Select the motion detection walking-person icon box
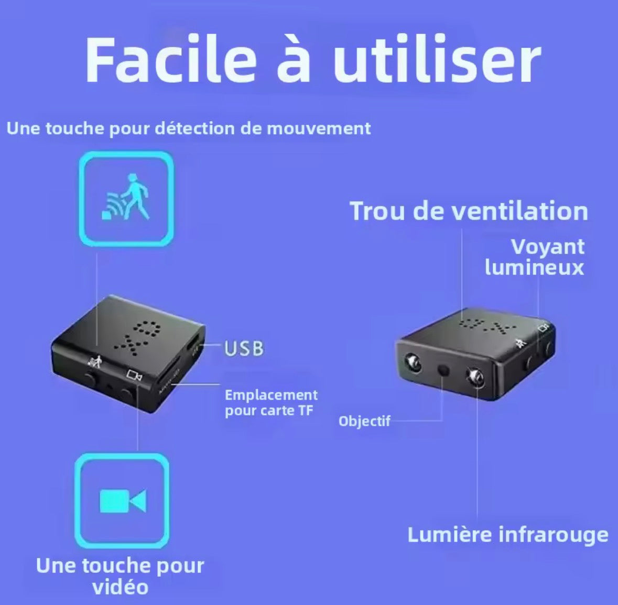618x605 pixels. tap(126, 199)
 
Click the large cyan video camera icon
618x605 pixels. tap(123, 501)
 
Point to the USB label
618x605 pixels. tap(244, 348)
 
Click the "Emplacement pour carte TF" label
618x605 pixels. tap(271, 402)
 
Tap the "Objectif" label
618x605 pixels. tap(364, 421)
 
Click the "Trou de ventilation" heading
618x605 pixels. tap(469, 211)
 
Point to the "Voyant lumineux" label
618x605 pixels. tap(535, 257)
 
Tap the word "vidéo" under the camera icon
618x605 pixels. tap(120, 587)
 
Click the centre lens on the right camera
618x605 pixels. tap(443, 370)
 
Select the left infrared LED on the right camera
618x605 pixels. tap(413, 362)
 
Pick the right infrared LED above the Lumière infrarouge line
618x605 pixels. tap(475, 378)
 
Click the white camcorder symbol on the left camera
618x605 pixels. tap(134, 375)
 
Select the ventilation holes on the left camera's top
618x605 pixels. tap(137, 337)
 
